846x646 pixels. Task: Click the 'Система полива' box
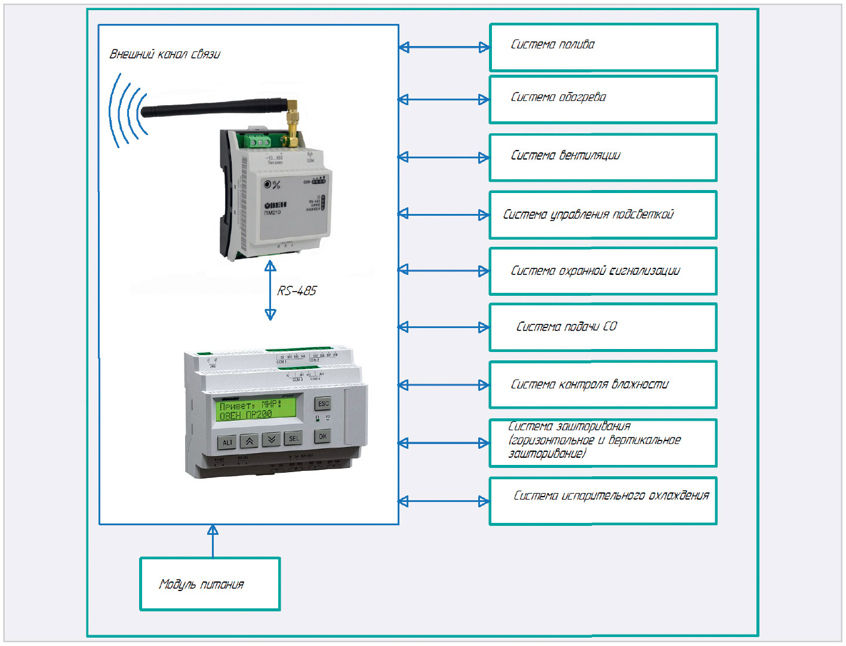pos(603,47)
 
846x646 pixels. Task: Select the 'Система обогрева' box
pos(603,99)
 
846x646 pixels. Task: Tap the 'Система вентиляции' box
pos(603,157)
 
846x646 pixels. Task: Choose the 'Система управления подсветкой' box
pos(603,215)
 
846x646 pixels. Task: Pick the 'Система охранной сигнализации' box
pos(603,271)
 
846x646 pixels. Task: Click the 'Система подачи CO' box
pos(603,327)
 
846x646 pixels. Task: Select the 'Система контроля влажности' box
pos(603,384)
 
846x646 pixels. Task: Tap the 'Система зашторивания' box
pos(603,442)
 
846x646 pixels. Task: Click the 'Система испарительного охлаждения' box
pos(603,501)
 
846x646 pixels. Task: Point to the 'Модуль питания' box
pos(210,584)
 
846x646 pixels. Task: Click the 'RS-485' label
pos(297,291)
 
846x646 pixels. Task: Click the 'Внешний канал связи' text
pos(165,54)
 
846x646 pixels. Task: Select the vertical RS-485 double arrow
pos(270,290)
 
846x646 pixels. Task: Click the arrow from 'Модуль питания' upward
pos(213,541)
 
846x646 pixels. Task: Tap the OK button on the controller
pos(322,436)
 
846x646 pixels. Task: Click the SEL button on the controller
pos(294,439)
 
